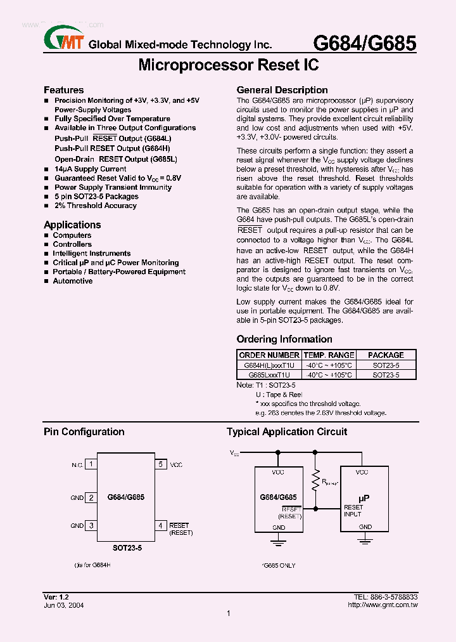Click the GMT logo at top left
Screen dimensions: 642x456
63,40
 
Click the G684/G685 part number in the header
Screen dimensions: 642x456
365,43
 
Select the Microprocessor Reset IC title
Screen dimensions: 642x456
228,65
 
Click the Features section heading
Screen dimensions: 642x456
63,90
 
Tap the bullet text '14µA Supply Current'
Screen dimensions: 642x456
90,169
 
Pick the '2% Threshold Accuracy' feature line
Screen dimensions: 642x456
95,206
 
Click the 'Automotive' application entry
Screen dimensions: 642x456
72,281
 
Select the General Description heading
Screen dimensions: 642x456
282,90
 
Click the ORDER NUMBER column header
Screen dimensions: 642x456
269,355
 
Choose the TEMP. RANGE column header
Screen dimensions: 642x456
328,355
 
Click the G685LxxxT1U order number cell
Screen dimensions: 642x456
269,375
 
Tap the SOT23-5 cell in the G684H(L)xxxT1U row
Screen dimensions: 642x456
385,365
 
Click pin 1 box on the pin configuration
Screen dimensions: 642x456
91,464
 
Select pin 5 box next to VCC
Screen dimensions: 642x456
161,464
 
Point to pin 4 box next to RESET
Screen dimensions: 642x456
161,525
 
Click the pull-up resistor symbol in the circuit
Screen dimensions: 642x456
314,483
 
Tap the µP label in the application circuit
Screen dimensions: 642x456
364,499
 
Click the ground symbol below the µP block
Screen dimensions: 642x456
364,540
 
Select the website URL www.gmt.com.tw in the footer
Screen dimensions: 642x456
383,605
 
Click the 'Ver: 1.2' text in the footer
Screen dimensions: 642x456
56,598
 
